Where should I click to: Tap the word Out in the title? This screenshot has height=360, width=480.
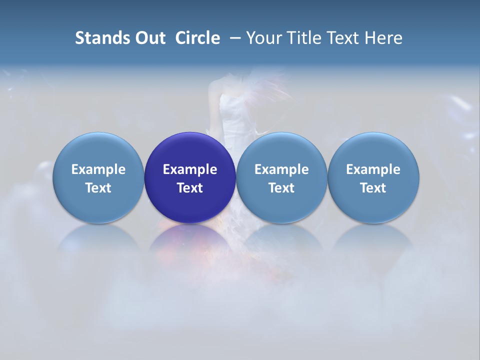148,38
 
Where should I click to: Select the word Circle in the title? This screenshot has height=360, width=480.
197,38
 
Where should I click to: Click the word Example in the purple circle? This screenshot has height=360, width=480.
190,169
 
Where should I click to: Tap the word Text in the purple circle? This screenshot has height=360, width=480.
190,188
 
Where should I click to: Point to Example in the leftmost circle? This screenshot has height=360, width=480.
98,169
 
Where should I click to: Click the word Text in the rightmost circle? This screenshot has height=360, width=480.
373,188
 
